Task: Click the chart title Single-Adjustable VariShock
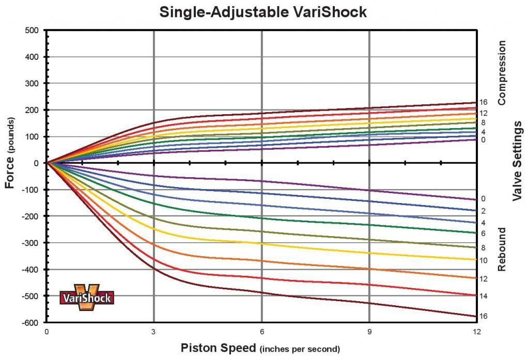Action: click(263, 12)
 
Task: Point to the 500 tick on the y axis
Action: click(32, 30)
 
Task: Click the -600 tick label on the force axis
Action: click(30, 323)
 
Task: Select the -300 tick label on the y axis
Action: click(30, 243)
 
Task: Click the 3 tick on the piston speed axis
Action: click(154, 332)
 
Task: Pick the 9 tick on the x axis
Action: click(369, 332)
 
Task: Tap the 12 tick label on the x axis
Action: click(475, 332)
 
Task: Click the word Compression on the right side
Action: click(502, 73)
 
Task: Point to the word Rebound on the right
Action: click(502, 249)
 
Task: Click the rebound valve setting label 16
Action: click(484, 316)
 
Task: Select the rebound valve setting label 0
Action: click(483, 199)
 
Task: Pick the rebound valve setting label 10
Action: click(484, 261)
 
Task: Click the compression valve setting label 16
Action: click(484, 102)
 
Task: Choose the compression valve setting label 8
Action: click(483, 122)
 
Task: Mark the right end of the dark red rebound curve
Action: click(475, 316)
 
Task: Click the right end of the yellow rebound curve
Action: click(475, 259)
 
